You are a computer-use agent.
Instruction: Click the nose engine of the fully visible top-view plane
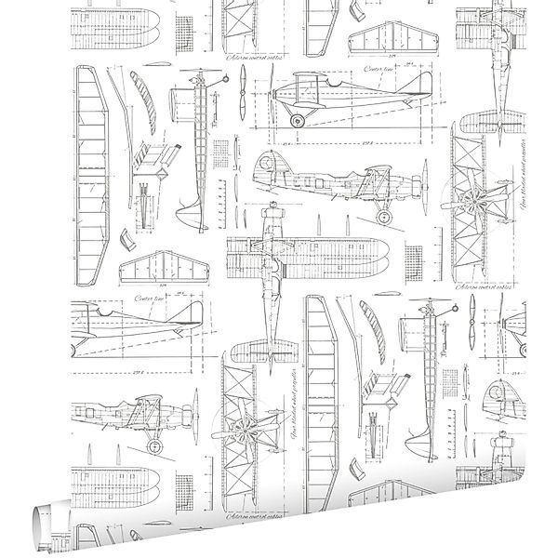coord(270,214)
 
